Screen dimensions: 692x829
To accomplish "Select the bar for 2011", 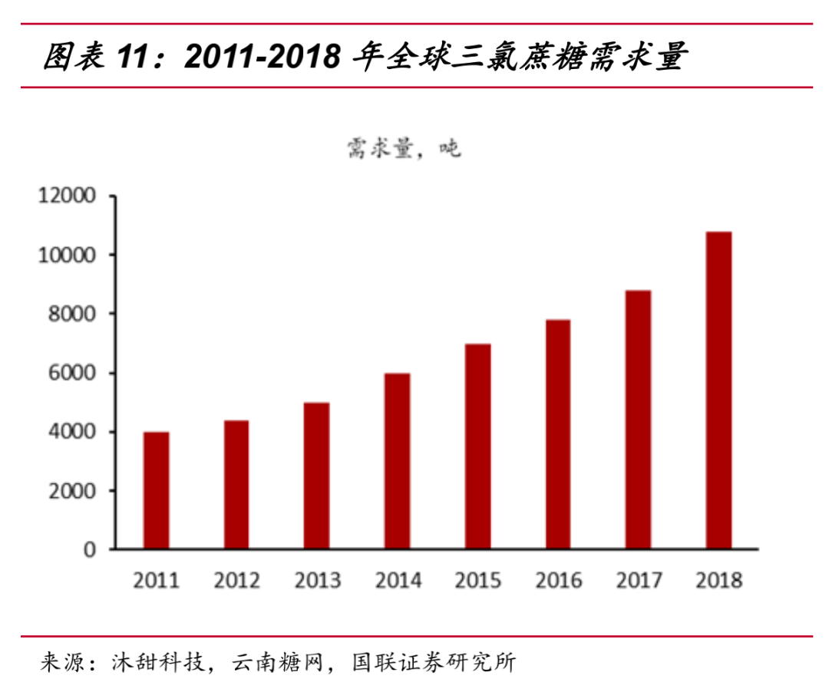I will pos(157,490).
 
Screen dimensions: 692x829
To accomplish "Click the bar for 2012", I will pos(236,484).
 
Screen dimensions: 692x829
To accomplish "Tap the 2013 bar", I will pos(316,476).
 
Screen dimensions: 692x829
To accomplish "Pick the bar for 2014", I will pos(397,461).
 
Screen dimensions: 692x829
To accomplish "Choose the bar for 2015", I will pos(477,447).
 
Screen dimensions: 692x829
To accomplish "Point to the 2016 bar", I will pos(557,434).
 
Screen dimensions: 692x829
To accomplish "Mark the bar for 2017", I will pos(638,420).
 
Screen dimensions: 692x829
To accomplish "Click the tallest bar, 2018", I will pos(718,390).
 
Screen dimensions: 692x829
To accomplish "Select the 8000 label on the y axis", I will pos(73,314).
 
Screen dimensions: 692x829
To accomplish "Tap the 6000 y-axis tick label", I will pos(73,373).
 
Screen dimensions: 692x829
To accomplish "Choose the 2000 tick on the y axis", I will pos(73,491).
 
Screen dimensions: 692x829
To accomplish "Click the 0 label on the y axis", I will pos(91,550).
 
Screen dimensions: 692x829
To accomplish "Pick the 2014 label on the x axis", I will pos(398,581).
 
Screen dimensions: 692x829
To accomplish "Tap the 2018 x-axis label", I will pos(719,581).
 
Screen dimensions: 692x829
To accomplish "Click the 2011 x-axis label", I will pos(157,581).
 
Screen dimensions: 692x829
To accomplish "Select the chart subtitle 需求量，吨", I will pos(403,148).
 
